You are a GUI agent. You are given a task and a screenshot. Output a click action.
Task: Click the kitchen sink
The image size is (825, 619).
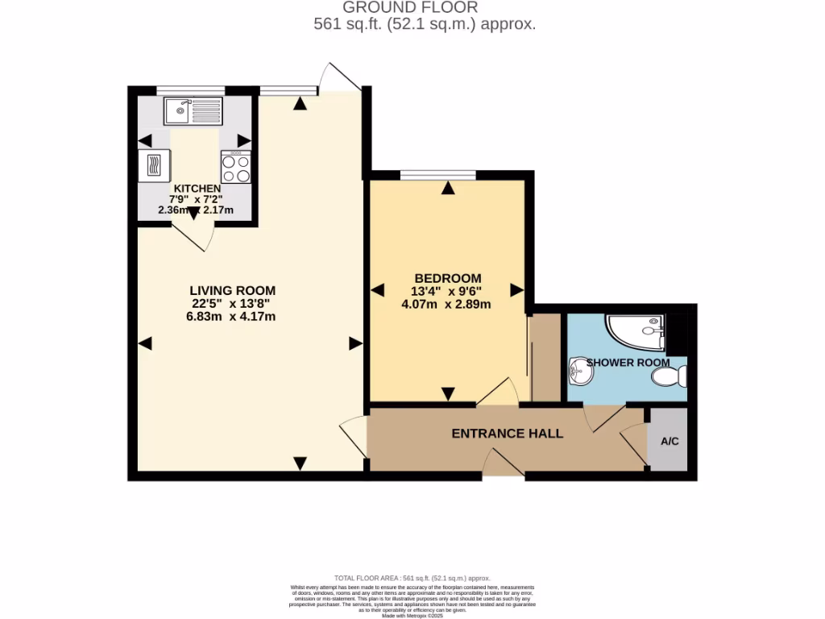[193, 111]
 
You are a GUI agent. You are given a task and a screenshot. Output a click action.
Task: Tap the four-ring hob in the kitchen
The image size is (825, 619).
[235, 168]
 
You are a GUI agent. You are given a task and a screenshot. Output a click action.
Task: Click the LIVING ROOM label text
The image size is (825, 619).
[232, 290]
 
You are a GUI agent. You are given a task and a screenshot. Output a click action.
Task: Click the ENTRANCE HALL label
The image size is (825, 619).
[507, 434]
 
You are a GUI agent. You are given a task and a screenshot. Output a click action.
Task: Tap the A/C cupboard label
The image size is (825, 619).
[669, 442]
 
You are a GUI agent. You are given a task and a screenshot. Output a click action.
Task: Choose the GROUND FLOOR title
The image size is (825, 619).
[410, 8]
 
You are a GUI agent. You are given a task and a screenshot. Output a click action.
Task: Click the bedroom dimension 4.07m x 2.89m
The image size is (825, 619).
[446, 305]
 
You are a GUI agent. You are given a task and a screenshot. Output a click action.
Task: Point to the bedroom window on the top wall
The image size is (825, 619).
[437, 174]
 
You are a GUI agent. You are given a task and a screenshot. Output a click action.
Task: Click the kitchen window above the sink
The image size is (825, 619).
[190, 89]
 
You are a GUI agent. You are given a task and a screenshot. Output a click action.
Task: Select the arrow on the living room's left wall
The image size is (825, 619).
[145, 344]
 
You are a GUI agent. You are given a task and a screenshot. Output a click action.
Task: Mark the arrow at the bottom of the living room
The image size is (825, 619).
[300, 463]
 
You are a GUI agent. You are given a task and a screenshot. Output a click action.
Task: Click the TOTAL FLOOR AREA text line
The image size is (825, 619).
[412, 578]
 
